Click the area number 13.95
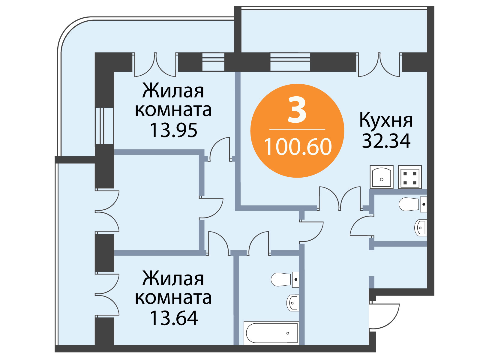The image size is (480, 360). click(x=174, y=130)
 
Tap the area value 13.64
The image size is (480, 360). click(x=174, y=318)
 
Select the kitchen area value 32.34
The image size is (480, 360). click(x=386, y=141)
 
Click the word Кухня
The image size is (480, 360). click(x=386, y=120)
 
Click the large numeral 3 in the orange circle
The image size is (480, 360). click(x=297, y=110)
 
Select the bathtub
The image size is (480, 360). click(x=271, y=333)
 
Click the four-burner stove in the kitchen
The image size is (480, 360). click(x=410, y=177)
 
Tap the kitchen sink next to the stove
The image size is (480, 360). click(x=382, y=177)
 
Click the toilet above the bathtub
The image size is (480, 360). click(x=285, y=280)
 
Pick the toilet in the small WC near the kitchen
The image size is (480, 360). click(x=412, y=204)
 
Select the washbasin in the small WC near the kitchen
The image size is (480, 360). click(x=421, y=228)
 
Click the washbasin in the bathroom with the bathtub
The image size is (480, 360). click(x=292, y=303)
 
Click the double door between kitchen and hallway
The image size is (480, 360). click(x=340, y=199)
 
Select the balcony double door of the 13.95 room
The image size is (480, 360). click(x=155, y=65)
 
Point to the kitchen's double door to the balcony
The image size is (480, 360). click(x=379, y=65)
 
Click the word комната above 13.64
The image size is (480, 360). click(x=173, y=298)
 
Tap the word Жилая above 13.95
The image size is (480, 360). click(x=173, y=91)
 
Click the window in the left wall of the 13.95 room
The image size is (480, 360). click(x=104, y=126)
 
